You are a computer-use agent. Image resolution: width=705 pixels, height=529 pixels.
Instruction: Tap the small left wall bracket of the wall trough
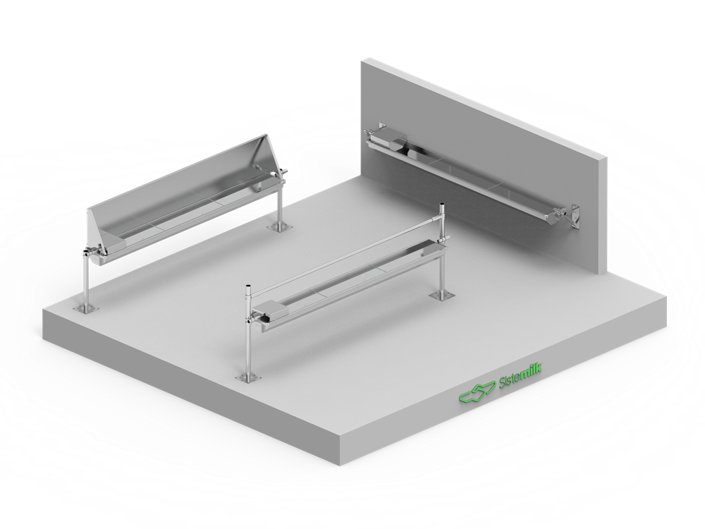click(x=381, y=126)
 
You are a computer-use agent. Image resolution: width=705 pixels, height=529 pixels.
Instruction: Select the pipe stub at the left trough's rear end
click(x=283, y=171)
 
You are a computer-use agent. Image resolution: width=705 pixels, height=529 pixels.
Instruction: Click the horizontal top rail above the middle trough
click(x=345, y=253)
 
